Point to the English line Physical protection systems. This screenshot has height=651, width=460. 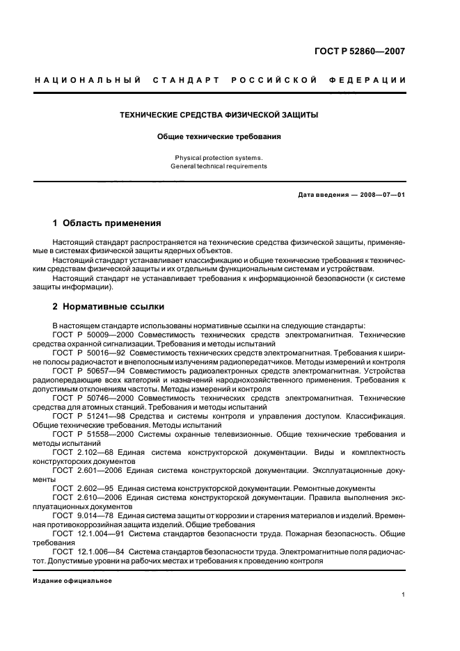219,158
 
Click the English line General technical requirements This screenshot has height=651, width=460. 219,166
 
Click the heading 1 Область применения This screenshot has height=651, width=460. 107,223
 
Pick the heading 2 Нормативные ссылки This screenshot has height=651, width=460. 109,306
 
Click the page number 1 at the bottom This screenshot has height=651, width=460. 404,595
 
